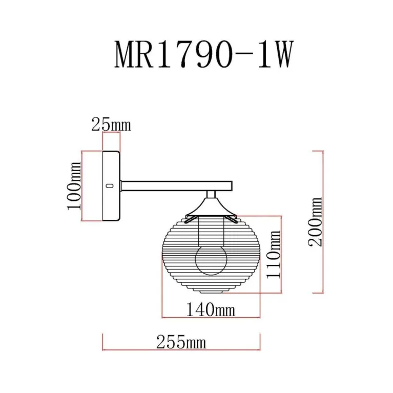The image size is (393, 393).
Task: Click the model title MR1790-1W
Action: click(x=203, y=55)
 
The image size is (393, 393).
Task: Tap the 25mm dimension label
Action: click(x=111, y=124)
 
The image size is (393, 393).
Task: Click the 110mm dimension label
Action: click(x=274, y=254)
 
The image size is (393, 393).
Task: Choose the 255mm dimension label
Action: click(x=181, y=342)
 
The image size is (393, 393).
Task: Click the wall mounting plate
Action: click(x=111, y=187)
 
